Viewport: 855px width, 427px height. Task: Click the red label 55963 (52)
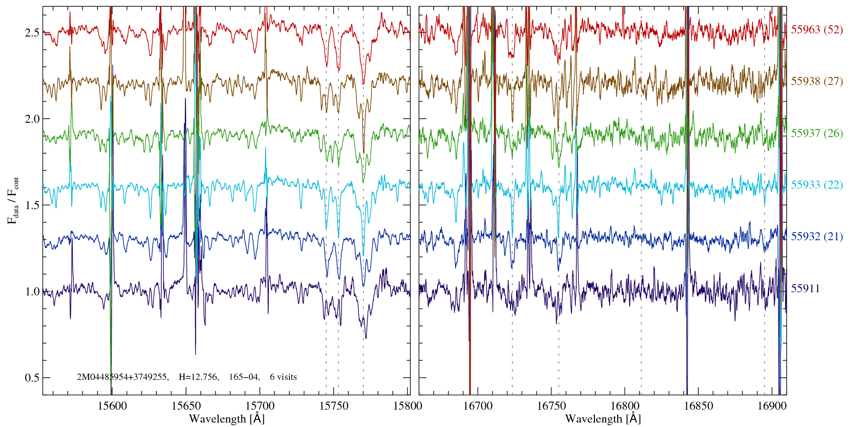point(816,30)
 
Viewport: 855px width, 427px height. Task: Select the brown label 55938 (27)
point(816,81)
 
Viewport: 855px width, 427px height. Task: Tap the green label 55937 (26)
point(816,133)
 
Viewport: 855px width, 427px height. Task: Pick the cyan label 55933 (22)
point(816,185)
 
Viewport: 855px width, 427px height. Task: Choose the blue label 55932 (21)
point(816,237)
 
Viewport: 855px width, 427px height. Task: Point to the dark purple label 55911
point(805,289)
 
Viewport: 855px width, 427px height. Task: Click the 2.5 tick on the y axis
point(32,33)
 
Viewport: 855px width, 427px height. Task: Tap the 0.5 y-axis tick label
point(32,378)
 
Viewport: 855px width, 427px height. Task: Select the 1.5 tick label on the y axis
point(32,205)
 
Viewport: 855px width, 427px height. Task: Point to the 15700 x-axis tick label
point(260,406)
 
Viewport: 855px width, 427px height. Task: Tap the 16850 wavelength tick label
point(698,406)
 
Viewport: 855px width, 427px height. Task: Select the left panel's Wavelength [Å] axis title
point(227,419)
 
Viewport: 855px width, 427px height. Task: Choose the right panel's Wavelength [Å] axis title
point(603,419)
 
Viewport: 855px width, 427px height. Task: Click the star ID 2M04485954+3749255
point(122,377)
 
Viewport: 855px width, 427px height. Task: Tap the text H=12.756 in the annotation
point(198,377)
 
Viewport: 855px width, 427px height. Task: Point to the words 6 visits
point(283,377)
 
